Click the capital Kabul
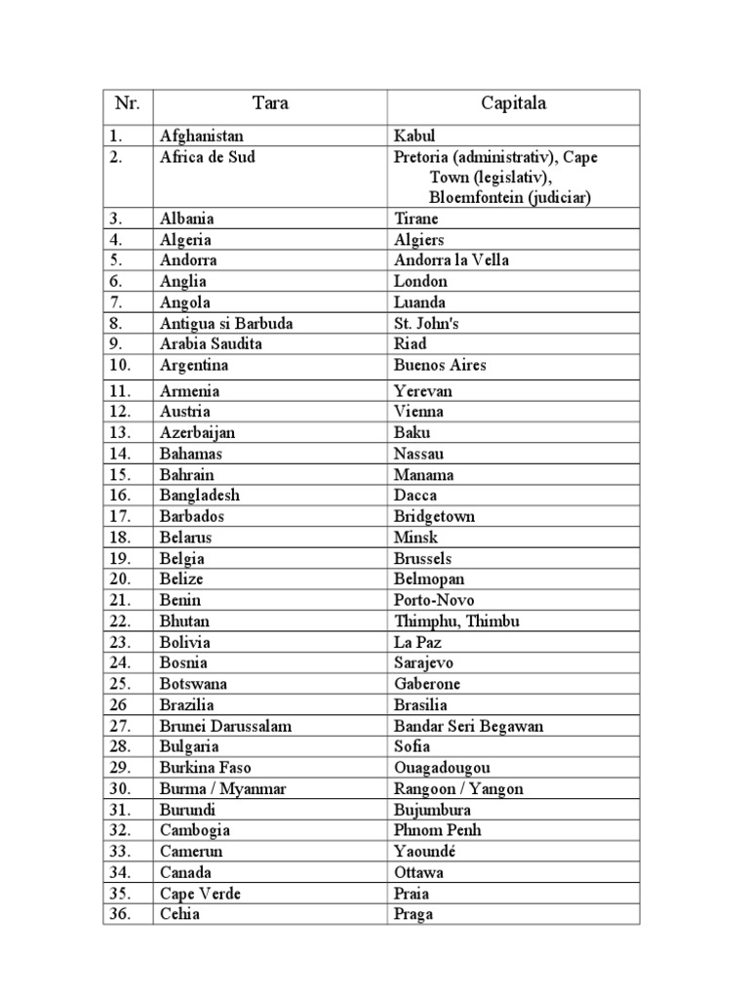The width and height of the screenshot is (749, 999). [x=415, y=137]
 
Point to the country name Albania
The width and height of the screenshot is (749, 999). [x=187, y=219]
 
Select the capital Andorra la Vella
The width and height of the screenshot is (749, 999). [x=452, y=260]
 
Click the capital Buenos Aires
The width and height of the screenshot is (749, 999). [x=440, y=365]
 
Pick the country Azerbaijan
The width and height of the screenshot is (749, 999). [x=198, y=432]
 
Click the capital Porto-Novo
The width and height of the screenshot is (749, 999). [x=434, y=601]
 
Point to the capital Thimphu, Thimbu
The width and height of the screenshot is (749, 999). [x=457, y=621]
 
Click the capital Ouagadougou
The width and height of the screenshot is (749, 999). [x=443, y=768]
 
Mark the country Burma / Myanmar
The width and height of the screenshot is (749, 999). [x=223, y=789]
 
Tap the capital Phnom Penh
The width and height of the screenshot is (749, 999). [x=438, y=830]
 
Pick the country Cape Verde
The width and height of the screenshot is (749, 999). [x=200, y=894]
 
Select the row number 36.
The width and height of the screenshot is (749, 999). [x=122, y=915]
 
